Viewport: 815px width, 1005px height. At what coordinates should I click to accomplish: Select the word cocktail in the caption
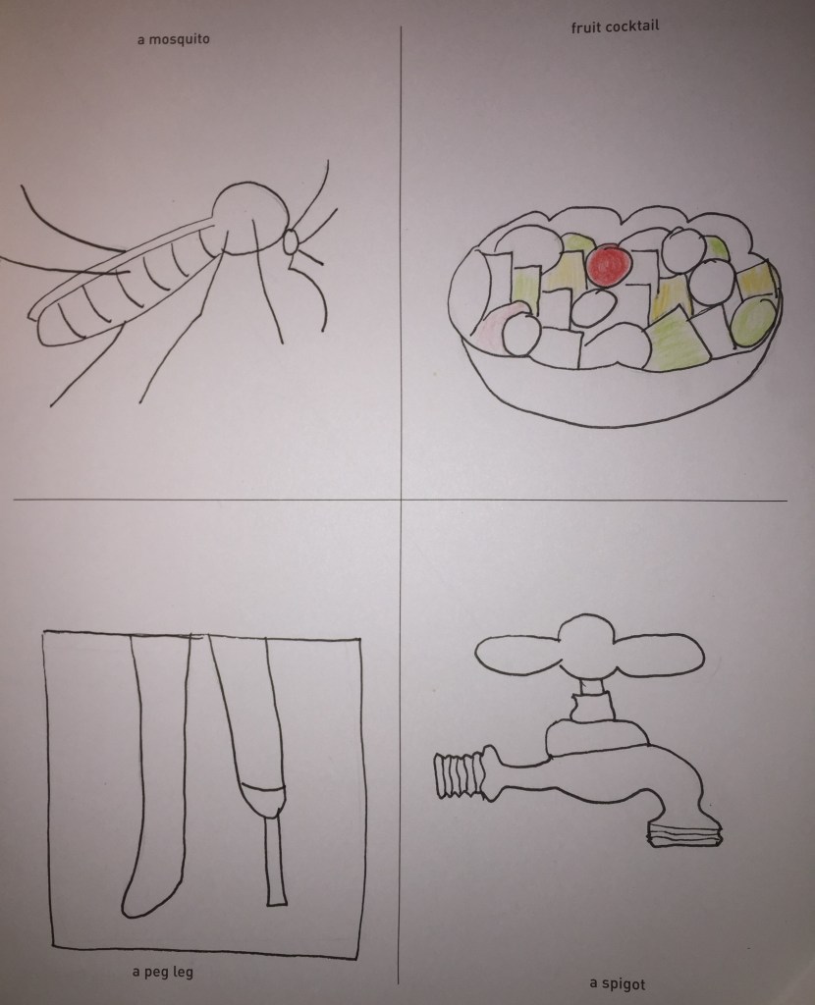[x=632, y=26]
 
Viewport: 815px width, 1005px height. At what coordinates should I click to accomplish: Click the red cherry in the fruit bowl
[x=609, y=266]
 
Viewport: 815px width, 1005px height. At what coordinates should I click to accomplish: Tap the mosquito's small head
[x=290, y=241]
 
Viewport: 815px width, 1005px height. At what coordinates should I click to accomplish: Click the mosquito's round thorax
[x=247, y=218]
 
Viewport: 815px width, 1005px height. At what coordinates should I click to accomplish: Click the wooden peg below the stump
[x=276, y=860]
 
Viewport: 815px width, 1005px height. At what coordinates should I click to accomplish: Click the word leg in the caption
[x=183, y=973]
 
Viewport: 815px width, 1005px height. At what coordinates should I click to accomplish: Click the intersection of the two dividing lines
[x=402, y=500]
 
